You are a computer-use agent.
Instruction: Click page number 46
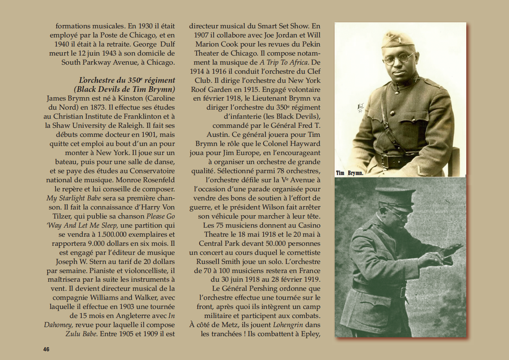46,349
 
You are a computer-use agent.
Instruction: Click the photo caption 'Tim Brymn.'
349,173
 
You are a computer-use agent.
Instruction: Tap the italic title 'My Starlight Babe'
74,198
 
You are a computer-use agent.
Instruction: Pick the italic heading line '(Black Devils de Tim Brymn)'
124,89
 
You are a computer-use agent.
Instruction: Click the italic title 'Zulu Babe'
81,334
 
